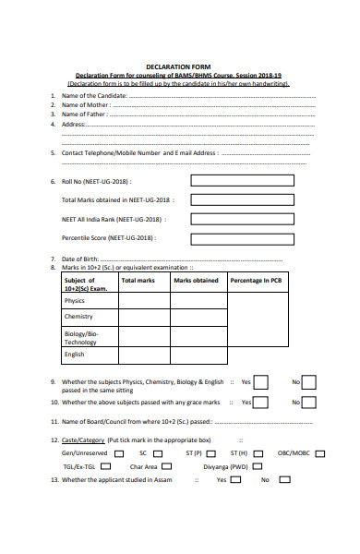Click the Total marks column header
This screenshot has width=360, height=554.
(138, 280)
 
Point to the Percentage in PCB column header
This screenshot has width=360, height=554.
(256, 280)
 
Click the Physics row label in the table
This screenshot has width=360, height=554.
(74, 301)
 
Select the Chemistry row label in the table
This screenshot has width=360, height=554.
(78, 318)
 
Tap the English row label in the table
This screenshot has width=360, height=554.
(75, 354)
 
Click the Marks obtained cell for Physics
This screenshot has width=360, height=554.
(196, 301)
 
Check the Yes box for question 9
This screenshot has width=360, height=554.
(261, 382)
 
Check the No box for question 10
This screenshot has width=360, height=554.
(309, 403)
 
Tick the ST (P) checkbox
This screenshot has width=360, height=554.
(211, 454)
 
